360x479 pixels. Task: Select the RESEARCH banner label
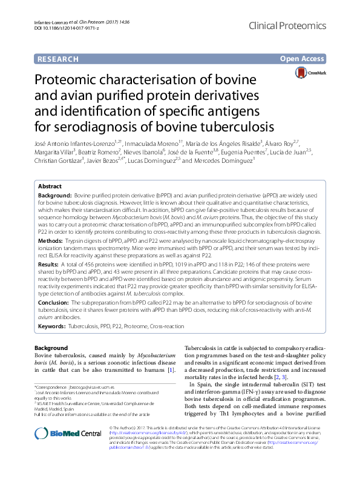tap(57, 59)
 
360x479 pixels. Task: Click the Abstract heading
tap(50, 187)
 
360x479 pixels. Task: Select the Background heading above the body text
tap(51, 348)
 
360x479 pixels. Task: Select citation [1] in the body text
tap(171, 369)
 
